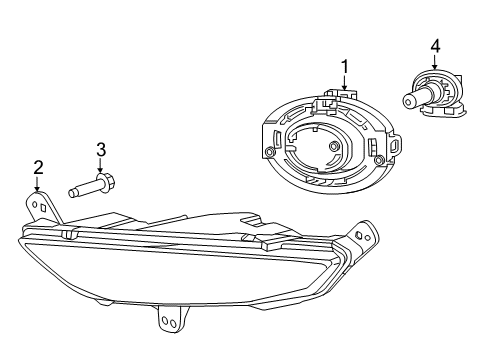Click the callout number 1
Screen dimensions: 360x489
tap(345, 67)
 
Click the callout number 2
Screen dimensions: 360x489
tap(37, 167)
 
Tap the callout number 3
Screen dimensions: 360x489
tap(101, 150)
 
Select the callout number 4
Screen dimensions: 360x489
tap(435, 45)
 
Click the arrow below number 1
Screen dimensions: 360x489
tap(345, 83)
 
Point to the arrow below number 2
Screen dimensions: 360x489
tap(37, 183)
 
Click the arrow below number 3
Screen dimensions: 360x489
tap(101, 166)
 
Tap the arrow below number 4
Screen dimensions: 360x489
tap(435, 61)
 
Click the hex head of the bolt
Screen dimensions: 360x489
tap(108, 185)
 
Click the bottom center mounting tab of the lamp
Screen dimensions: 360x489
tap(165, 319)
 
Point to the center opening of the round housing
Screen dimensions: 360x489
tap(320, 150)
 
